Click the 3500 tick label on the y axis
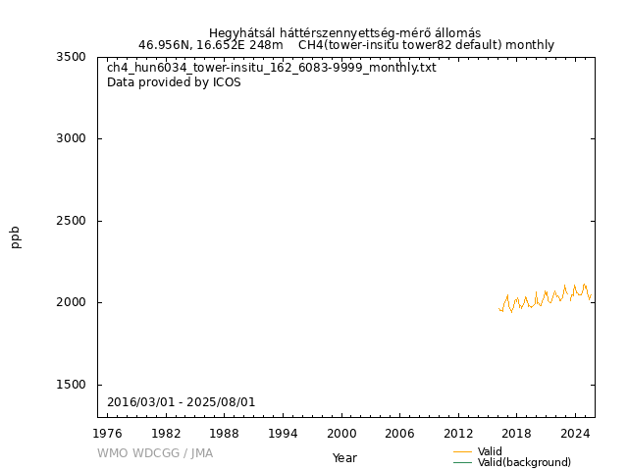click(73, 57)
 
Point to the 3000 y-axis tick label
click(73, 138)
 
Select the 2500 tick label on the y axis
click(73, 221)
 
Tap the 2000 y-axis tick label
click(73, 302)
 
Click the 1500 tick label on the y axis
click(73, 385)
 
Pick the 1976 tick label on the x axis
click(107, 434)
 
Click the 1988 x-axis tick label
click(224, 434)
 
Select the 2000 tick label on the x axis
click(340, 434)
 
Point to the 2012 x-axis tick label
click(457, 434)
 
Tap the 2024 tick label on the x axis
click(574, 434)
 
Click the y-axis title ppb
click(16, 236)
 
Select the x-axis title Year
click(344, 457)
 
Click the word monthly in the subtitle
click(530, 45)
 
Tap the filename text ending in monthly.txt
click(271, 68)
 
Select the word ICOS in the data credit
click(227, 82)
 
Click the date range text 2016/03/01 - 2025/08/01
click(181, 402)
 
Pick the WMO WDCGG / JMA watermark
click(154, 453)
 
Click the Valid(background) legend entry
click(524, 462)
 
